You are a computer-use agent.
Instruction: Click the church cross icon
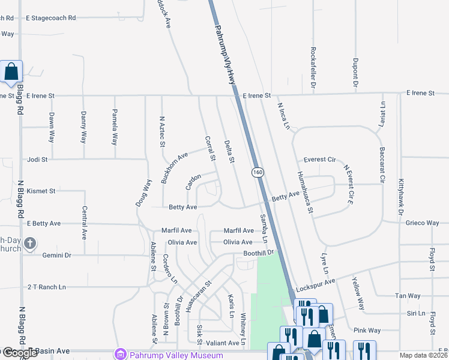click(x=30, y=244)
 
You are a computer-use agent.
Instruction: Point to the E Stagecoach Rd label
click(x=51, y=19)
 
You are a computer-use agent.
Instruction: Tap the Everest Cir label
click(x=319, y=160)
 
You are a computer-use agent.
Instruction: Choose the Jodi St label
click(x=37, y=160)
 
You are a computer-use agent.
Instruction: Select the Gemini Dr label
click(x=56, y=256)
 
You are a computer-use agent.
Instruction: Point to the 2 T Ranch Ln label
click(x=46, y=287)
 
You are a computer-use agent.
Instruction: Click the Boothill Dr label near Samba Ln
click(x=258, y=253)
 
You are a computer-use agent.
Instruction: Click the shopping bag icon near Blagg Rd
click(x=12, y=72)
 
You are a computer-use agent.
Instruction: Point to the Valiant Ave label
click(x=222, y=343)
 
